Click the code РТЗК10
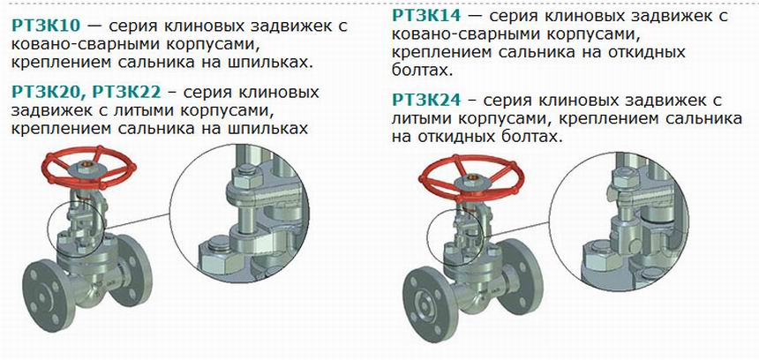point(45,26)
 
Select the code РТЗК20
point(45,91)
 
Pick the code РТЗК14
point(426,16)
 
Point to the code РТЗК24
point(426,101)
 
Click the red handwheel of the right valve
point(471,178)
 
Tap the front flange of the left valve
point(49,296)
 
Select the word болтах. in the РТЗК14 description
point(422,71)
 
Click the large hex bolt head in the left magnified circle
point(221,257)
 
